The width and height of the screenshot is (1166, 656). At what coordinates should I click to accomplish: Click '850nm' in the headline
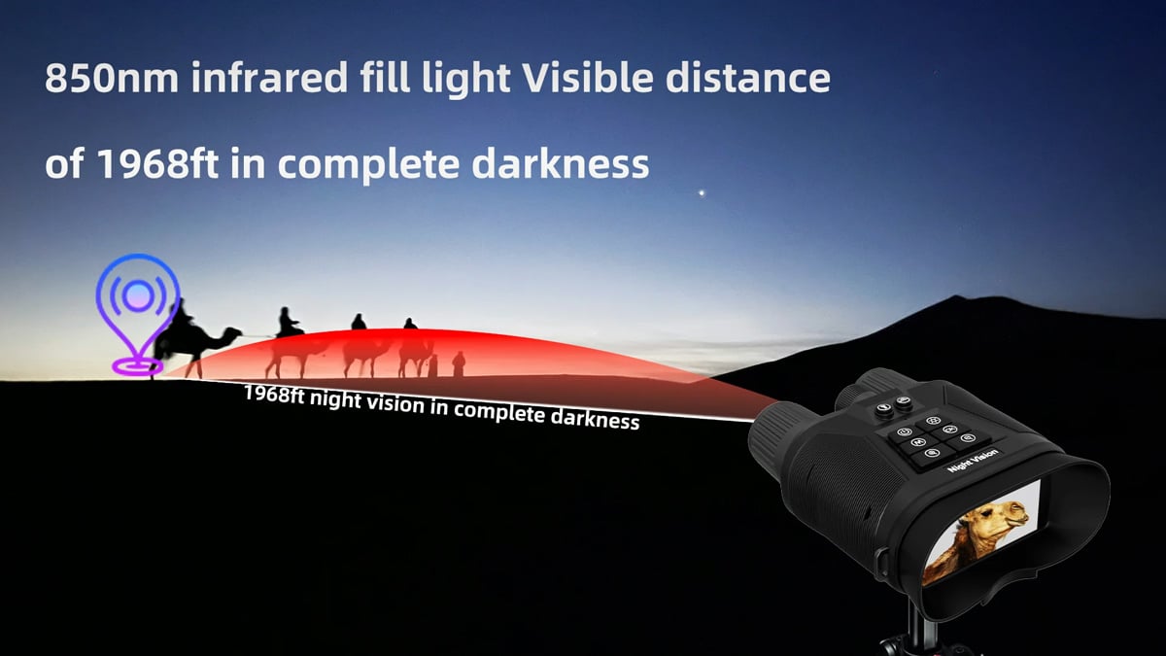(x=112, y=78)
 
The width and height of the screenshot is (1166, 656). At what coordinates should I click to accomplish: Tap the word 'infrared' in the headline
(x=269, y=78)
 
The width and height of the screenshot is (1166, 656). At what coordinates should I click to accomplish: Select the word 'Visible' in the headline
(x=587, y=78)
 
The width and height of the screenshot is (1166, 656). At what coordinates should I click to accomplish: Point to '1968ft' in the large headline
(x=158, y=163)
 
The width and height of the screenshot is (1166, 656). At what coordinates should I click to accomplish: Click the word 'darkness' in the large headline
(x=560, y=163)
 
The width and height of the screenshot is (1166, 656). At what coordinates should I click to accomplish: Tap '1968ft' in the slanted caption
(x=274, y=395)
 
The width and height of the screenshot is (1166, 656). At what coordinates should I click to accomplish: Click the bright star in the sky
(x=702, y=193)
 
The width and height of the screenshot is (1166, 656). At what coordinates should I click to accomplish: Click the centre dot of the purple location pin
(x=138, y=295)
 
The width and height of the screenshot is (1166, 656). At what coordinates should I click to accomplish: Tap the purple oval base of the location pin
(x=137, y=366)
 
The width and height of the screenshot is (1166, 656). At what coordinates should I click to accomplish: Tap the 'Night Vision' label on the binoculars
(x=972, y=461)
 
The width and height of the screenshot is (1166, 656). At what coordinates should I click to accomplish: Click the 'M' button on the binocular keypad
(x=917, y=442)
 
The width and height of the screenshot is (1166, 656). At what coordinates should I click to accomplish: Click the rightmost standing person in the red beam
(x=458, y=363)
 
